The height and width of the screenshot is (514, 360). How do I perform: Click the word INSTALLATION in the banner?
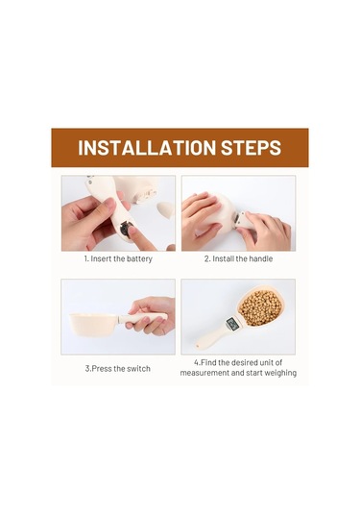tap(147, 148)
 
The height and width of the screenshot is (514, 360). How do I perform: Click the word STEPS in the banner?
tap(251, 148)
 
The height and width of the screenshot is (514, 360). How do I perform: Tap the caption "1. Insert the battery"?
tap(118, 258)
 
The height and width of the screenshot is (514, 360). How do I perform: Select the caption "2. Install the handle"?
tap(238, 258)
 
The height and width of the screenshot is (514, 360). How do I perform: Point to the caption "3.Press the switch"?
tap(117, 369)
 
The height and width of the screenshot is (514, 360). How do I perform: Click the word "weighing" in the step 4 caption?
tap(279, 373)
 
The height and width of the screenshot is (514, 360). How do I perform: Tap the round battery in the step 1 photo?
tap(126, 228)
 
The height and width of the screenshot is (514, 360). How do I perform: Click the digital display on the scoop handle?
tap(232, 324)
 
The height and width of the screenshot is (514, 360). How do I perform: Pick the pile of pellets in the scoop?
tap(260, 307)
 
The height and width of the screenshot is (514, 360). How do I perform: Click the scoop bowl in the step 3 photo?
tap(93, 323)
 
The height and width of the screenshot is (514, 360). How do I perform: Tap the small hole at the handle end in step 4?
tap(197, 345)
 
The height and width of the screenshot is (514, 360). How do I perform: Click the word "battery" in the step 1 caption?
tap(139, 259)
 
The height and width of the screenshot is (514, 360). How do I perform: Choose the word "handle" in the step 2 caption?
tap(261, 258)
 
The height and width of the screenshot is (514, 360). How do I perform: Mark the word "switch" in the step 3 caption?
tap(138, 369)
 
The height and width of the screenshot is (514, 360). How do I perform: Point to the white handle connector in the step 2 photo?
tap(245, 220)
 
